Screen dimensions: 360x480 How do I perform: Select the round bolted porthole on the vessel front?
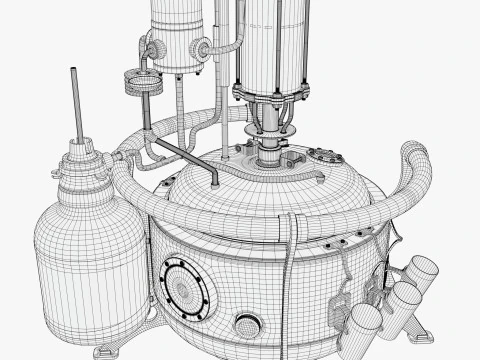pyautogui.click(x=185, y=286)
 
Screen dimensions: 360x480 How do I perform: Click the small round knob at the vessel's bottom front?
pyautogui.click(x=245, y=324)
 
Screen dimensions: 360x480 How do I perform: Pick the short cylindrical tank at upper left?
pyautogui.click(x=180, y=35)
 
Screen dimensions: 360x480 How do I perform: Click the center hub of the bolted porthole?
pyautogui.click(x=185, y=286)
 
